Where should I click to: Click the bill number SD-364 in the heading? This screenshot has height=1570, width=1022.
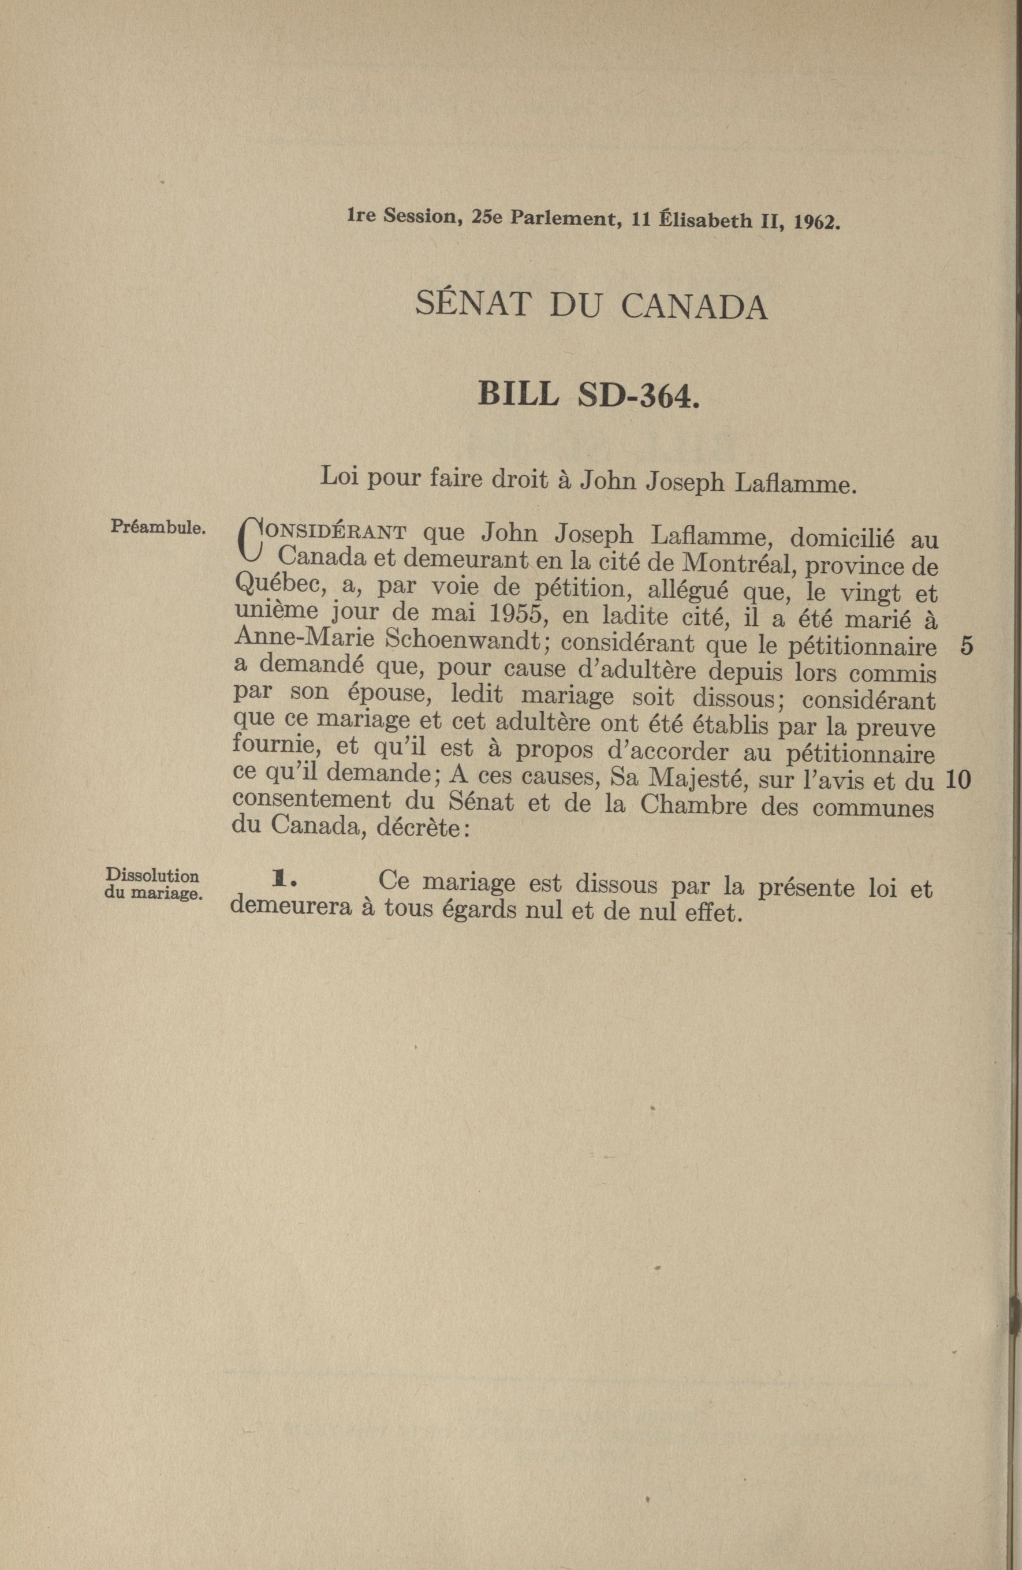coord(637,395)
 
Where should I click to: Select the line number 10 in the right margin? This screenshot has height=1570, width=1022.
coord(957,781)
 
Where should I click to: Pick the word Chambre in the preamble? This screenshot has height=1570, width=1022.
coord(693,807)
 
